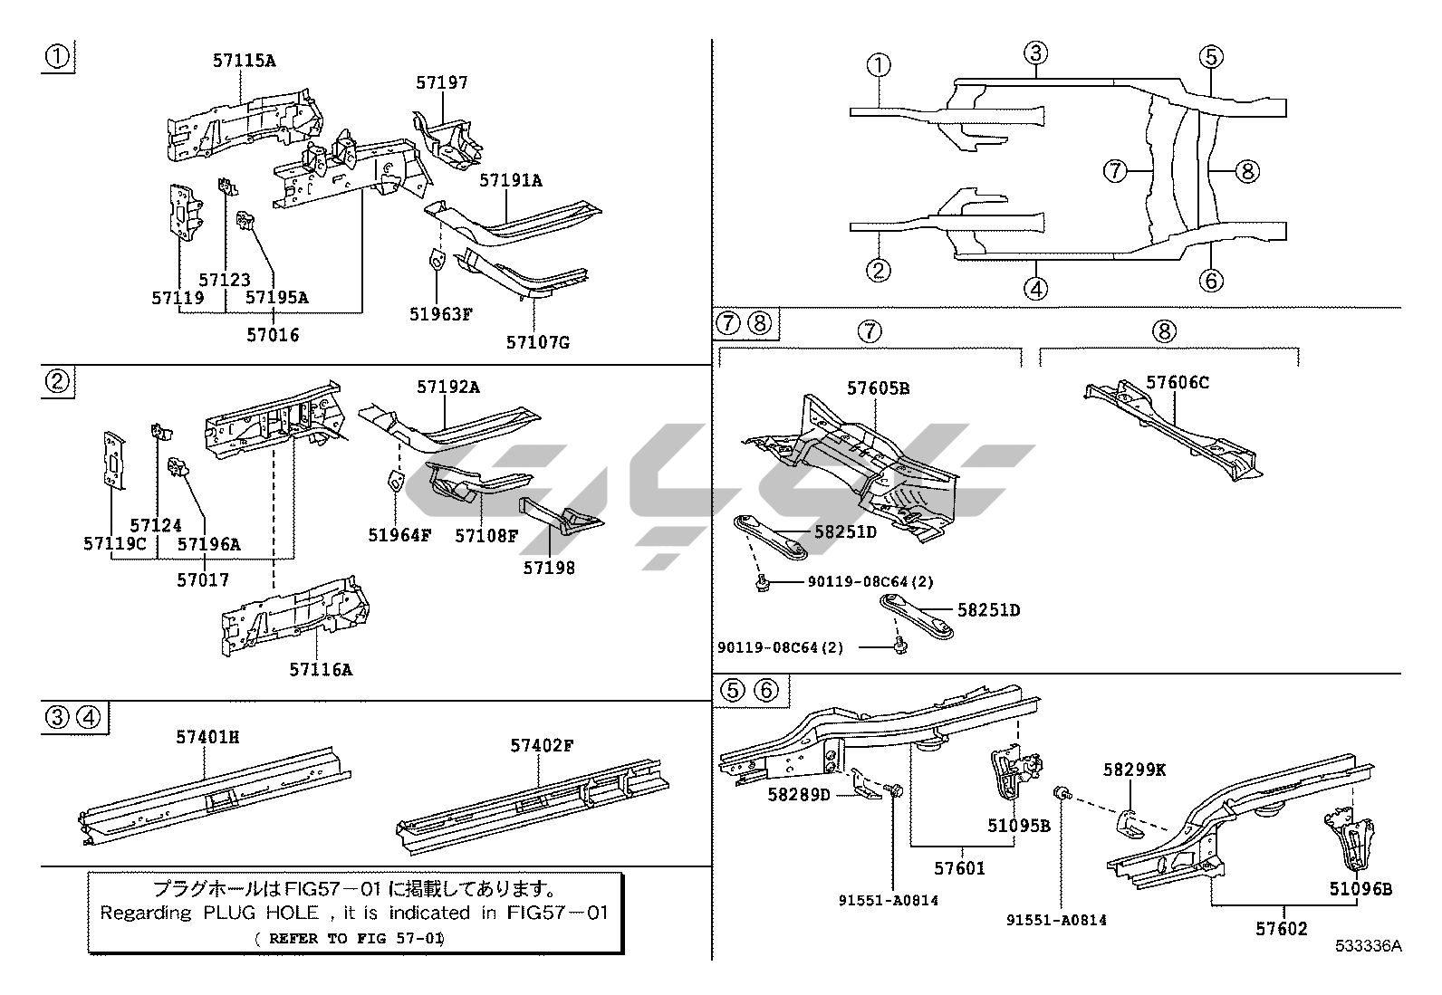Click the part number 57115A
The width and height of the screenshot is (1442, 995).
[244, 61]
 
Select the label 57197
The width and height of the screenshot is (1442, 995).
[442, 82]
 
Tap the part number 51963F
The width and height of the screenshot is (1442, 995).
[441, 314]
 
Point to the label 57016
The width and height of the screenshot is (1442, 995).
[273, 334]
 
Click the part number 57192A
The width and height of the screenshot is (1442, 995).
[448, 387]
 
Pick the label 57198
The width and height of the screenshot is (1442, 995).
[549, 568]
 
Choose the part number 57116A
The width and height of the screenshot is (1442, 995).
[321, 669]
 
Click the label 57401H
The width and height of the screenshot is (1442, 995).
[207, 737]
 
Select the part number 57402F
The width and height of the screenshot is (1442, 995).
[542, 745]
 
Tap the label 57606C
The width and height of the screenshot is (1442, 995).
[1178, 382]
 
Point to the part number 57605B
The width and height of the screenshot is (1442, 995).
[878, 388]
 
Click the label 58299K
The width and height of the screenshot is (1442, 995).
[1134, 770]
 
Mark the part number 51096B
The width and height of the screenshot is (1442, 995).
[1360, 888]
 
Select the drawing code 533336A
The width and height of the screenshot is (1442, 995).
[1368, 946]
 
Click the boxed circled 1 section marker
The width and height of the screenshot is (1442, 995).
[57, 57]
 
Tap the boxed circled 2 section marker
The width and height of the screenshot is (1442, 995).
[57, 381]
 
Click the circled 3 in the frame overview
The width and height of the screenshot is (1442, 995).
[1036, 53]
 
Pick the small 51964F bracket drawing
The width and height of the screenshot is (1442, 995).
[396, 481]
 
